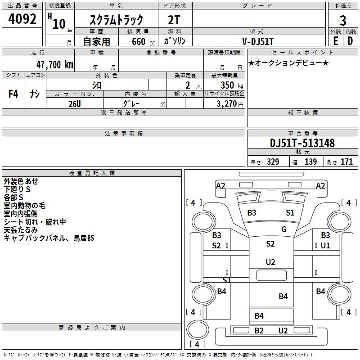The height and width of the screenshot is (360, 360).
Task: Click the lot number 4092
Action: click(22, 19)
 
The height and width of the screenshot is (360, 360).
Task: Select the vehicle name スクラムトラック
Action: click(117, 20)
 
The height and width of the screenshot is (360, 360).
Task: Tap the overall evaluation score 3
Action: click(343, 21)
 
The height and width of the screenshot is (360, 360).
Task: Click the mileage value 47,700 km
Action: click(54, 65)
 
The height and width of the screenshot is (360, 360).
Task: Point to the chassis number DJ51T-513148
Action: click(302, 143)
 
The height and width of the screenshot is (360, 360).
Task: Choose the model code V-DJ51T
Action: click(258, 41)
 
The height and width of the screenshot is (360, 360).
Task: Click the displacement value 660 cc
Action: click(143, 42)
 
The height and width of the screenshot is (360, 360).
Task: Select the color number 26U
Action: click(75, 104)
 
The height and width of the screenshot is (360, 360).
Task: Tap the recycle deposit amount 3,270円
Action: click(230, 104)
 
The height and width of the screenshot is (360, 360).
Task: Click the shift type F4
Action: click(13, 94)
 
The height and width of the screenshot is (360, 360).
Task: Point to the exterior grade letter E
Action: click(336, 41)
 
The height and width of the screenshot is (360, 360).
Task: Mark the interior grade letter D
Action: click(350, 41)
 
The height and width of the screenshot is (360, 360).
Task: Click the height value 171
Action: click(346, 162)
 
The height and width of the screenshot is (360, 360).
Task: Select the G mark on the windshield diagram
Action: click(284, 229)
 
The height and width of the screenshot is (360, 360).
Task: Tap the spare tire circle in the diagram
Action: click(198, 330)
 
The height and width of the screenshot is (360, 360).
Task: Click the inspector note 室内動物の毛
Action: click(25, 206)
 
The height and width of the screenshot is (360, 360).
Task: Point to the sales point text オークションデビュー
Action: click(288, 63)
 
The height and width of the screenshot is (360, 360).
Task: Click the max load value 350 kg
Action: click(232, 85)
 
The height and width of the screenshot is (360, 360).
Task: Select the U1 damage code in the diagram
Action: click(325, 246)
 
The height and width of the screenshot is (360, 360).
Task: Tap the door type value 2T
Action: click(174, 20)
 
